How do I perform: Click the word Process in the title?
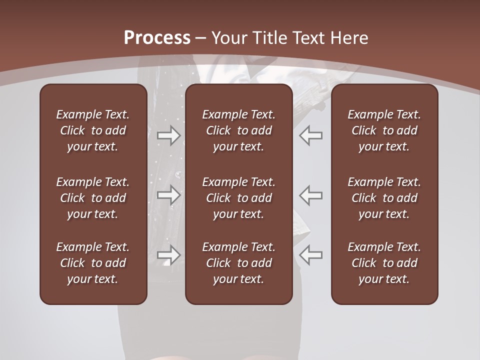(157, 38)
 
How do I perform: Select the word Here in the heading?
(350, 38)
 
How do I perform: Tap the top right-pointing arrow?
(169, 135)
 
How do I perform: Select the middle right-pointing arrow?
(169, 195)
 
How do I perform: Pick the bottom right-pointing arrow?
(169, 255)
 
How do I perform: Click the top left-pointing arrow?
(311, 135)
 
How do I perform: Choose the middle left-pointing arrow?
(311, 195)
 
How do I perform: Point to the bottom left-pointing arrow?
(311, 255)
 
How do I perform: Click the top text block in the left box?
(93, 130)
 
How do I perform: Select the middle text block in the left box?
(93, 198)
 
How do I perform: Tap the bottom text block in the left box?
(93, 263)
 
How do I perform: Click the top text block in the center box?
(238, 130)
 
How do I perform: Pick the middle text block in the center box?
(238, 198)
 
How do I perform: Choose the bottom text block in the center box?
(238, 263)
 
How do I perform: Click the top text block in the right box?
(384, 130)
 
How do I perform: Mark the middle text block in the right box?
(384, 198)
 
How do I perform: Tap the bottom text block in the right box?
(384, 263)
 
